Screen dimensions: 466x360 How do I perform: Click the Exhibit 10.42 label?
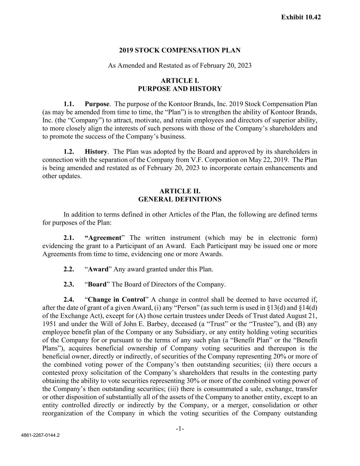301,17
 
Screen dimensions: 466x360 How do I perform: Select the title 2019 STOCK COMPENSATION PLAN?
179,51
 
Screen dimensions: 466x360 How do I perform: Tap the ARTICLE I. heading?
179,81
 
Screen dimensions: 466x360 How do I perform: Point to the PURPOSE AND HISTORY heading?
179,89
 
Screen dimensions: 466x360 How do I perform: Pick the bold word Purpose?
97,104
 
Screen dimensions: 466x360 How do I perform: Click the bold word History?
96,152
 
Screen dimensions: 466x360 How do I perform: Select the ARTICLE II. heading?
179,191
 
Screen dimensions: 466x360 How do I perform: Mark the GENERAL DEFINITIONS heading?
179,199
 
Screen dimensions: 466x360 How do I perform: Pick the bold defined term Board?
97,284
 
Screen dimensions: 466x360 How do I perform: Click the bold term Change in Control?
116,299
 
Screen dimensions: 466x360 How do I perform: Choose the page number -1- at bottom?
180,428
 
